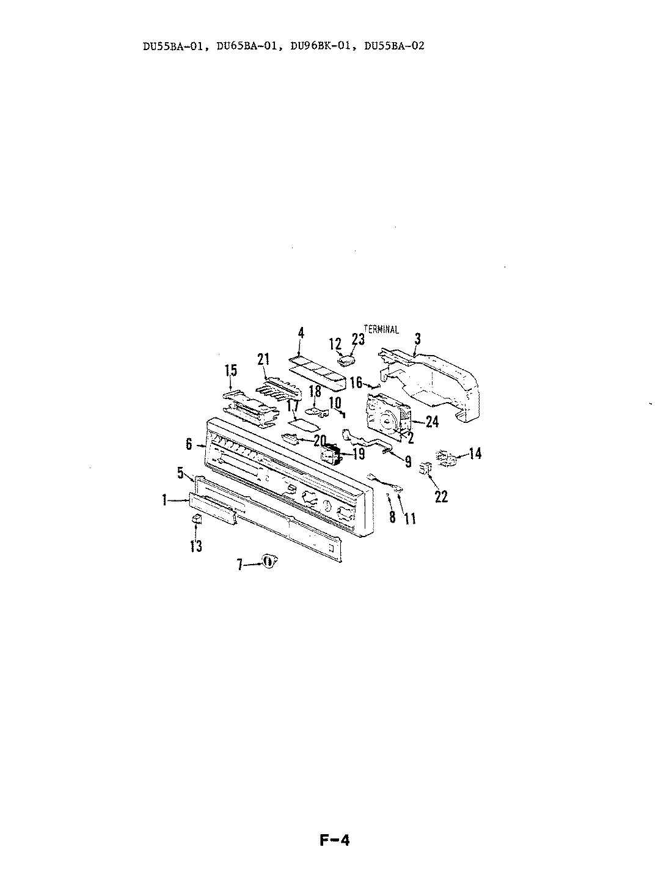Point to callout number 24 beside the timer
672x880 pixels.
coord(431,421)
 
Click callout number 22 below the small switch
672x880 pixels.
coord(440,496)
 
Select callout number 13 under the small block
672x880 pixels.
coord(195,546)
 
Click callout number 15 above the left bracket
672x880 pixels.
coord(230,370)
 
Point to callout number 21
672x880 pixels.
coord(263,359)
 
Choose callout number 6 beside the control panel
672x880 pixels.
coord(189,444)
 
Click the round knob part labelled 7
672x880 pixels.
coord(268,561)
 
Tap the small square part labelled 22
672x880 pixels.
coord(426,469)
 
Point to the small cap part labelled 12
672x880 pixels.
coord(348,358)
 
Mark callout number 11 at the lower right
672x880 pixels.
coord(410,518)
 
